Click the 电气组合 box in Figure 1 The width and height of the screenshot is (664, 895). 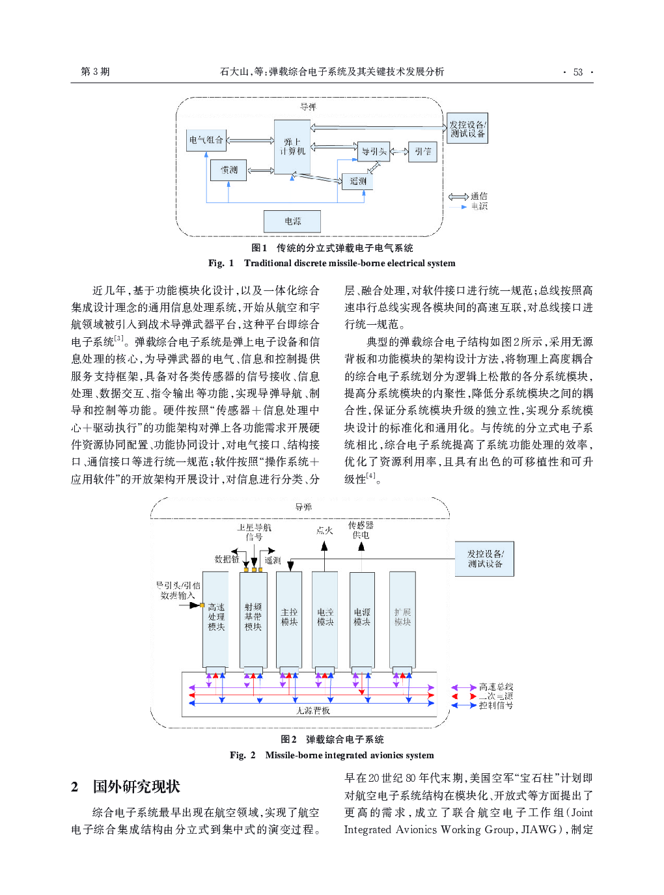coord(206,140)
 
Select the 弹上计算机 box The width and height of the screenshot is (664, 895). coord(292,146)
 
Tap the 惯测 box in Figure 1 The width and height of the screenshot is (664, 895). coord(228,170)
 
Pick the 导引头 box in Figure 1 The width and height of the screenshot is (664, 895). coord(374,152)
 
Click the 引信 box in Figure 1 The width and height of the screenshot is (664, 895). coord(422,152)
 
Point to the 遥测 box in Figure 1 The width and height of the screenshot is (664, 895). coord(357,181)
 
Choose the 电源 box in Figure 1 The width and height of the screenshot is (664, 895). coord(292,221)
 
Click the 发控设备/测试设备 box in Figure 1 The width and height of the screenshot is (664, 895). coord(467,129)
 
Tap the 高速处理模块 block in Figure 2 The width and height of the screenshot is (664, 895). coord(215,617)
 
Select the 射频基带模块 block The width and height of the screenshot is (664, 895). coord(253,617)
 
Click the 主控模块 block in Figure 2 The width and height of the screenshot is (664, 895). coord(289,617)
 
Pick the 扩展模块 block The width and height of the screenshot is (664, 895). coord(402,617)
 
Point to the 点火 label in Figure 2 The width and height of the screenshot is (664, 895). coord(324,530)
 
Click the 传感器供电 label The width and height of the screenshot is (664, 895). coord(361,530)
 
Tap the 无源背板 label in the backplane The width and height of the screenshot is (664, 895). coord(313,710)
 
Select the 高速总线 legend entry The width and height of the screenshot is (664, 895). coord(496,687)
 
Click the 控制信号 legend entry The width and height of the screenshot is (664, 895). coord(496,705)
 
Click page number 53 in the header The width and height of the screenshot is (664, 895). coord(577,72)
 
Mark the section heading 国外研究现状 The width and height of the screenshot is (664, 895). coord(136,786)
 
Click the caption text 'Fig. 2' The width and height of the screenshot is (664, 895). coord(242,755)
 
